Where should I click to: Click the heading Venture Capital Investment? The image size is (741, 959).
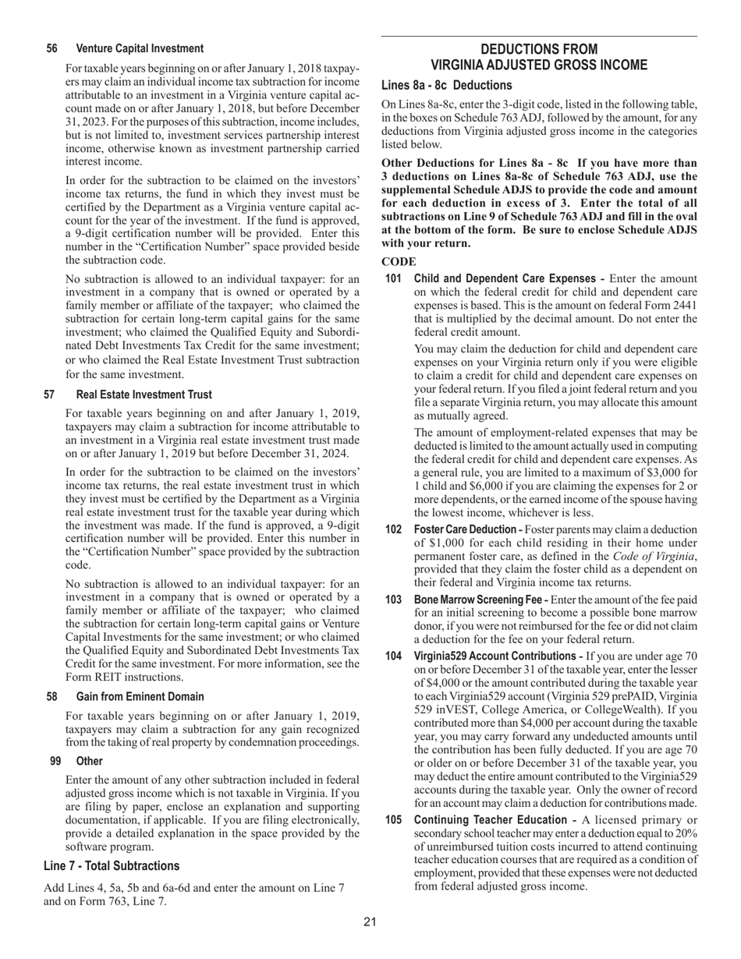pos(140,48)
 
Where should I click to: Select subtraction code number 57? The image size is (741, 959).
pos(51,395)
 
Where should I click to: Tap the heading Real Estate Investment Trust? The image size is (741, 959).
pos(144,395)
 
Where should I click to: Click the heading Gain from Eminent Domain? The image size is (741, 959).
pos(140,697)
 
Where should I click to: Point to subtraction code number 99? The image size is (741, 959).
pos(55,761)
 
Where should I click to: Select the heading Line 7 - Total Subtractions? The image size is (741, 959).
pos(112,866)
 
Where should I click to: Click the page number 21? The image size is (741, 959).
pos(370,922)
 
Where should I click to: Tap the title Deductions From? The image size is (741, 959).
pos(539,49)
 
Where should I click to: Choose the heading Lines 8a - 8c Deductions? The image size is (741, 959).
pos(446,85)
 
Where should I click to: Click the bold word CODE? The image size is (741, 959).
pos(399,262)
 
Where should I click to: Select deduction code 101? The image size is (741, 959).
pos(394,278)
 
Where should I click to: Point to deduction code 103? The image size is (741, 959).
pos(394,600)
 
